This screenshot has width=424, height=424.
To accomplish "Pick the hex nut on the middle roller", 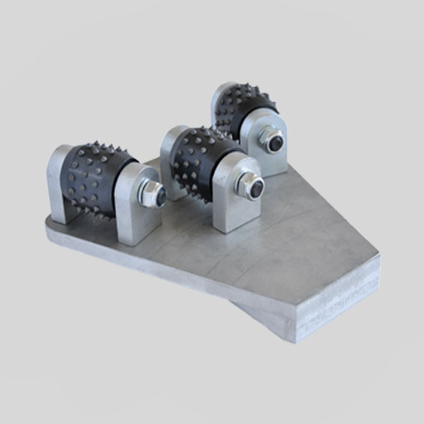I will point(249,185).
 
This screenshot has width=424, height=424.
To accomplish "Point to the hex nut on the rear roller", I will point(272,141).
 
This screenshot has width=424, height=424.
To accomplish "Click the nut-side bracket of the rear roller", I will point(272,149).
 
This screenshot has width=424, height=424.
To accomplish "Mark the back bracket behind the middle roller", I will point(170,149).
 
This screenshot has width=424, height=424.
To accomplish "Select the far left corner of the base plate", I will point(48,224).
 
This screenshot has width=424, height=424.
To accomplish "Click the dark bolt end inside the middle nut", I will point(256,187).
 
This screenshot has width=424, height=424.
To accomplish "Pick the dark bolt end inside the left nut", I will point(160,196).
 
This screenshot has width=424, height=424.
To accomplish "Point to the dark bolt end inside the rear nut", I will point(275,142).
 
